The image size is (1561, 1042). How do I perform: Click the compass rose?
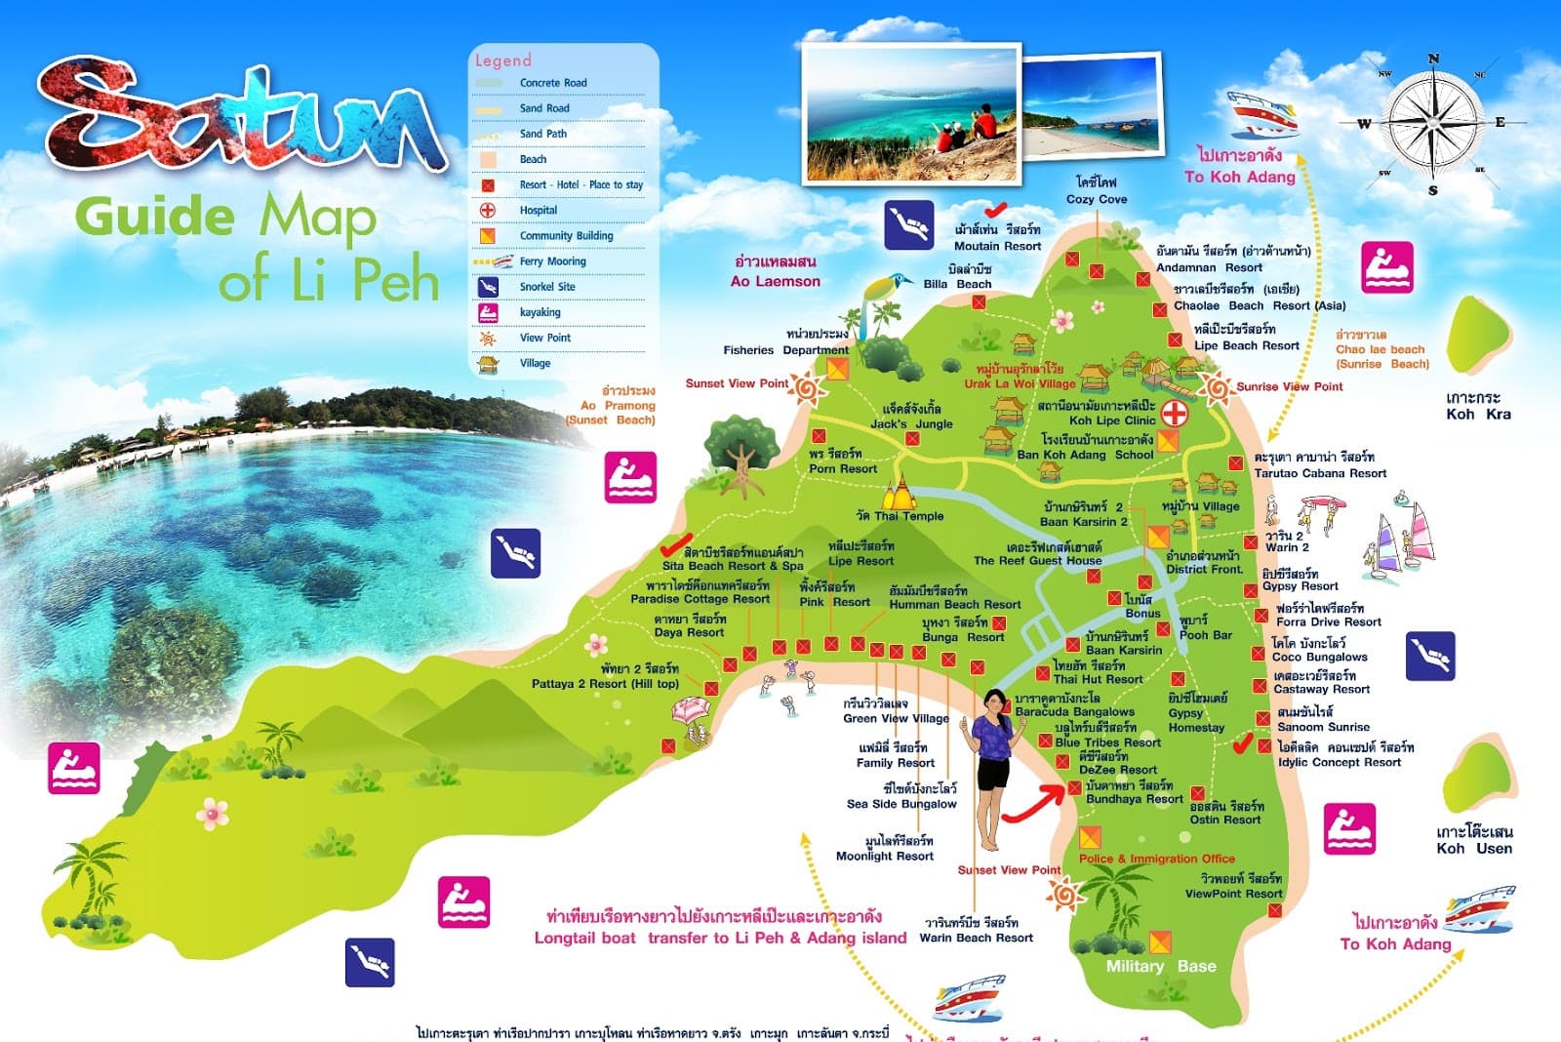1432,123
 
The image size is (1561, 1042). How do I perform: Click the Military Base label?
1160,966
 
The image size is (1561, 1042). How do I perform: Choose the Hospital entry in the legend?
538,210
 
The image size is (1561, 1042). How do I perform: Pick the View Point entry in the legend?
544,338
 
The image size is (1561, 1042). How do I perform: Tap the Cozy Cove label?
1096,199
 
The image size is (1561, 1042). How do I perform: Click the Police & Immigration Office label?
1156,859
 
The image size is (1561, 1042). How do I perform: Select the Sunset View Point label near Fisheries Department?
736,383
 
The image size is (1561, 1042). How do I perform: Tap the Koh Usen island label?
1473,840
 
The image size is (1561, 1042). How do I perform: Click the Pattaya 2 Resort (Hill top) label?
605,683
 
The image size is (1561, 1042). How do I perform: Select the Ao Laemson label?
776,281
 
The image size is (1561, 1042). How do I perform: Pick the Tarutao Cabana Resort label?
1319,473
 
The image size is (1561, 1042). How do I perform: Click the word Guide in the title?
154,217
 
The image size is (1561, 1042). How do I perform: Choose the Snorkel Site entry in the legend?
546,287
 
